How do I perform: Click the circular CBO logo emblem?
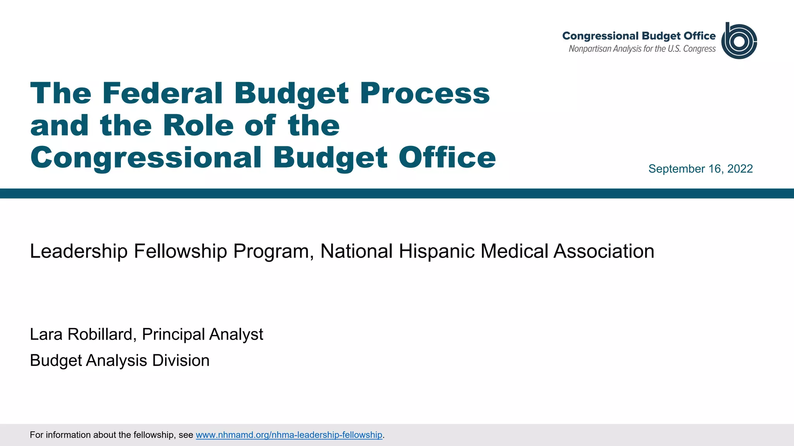tap(739, 41)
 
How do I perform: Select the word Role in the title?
tap(198, 125)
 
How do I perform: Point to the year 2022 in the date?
tap(740, 169)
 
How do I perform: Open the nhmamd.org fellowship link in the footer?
tap(289, 435)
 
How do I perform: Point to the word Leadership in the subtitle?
tap(79, 251)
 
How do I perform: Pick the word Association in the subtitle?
tap(604, 251)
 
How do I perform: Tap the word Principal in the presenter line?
tap(173, 334)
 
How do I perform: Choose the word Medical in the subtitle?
tap(514, 251)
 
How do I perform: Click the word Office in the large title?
tap(447, 158)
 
